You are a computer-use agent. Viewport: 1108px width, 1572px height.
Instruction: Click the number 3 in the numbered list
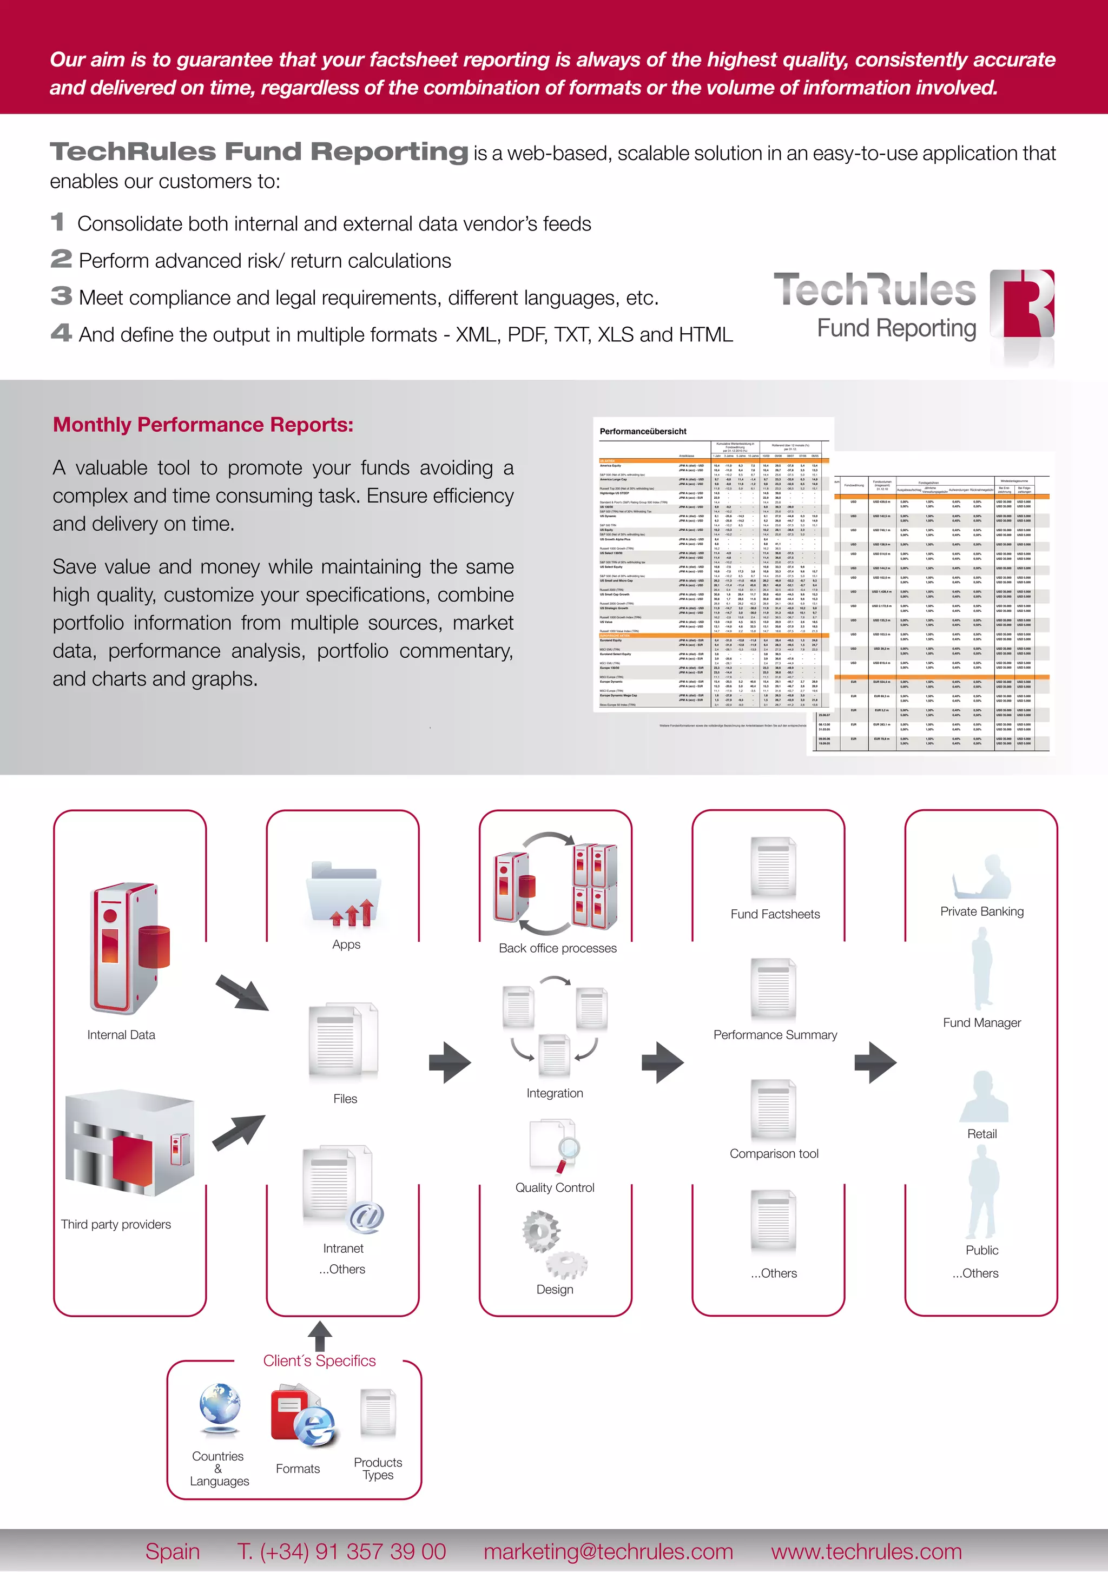click(x=61, y=296)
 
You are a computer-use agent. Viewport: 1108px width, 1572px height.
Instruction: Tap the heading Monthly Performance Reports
click(x=203, y=425)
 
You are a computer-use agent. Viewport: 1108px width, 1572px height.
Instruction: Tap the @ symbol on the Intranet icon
click(x=366, y=1217)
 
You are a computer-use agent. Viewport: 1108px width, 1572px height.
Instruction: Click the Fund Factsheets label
click(x=775, y=914)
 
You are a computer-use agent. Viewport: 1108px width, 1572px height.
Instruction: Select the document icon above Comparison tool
click(x=773, y=1109)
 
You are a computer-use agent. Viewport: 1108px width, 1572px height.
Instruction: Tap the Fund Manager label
click(x=981, y=1022)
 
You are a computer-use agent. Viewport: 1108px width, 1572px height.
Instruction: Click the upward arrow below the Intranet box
click(x=320, y=1336)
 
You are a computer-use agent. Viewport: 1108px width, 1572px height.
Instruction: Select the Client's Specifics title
click(x=319, y=1360)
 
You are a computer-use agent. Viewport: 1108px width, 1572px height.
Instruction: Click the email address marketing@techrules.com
click(x=608, y=1551)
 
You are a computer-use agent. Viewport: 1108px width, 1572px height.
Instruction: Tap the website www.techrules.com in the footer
click(x=866, y=1551)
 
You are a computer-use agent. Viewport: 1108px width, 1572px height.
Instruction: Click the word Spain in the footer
click(x=173, y=1551)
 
